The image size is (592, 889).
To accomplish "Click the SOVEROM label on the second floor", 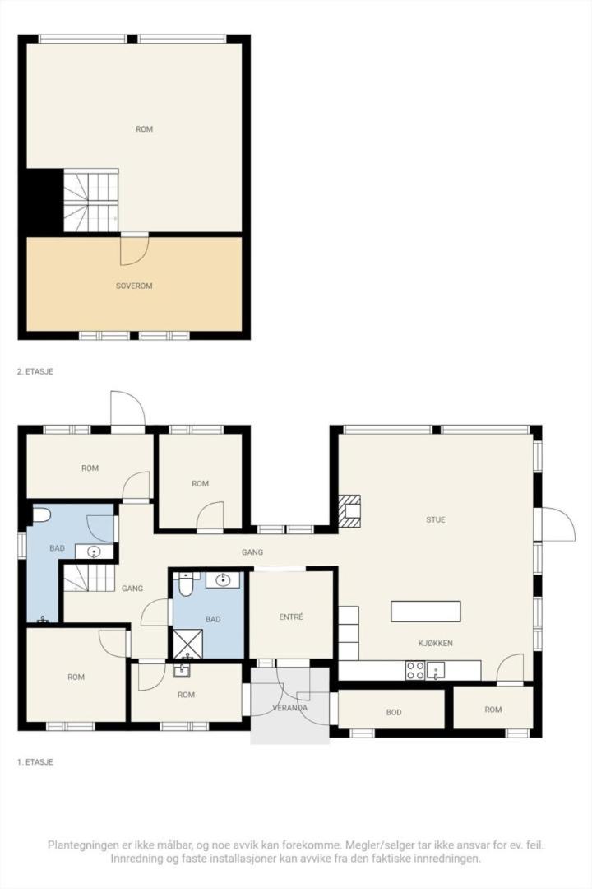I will [x=134, y=286].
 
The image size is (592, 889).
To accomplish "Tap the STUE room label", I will [x=436, y=519].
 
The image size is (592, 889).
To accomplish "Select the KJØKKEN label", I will [x=436, y=643].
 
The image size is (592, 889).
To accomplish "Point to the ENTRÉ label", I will [x=292, y=617].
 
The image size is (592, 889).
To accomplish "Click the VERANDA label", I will [x=290, y=707].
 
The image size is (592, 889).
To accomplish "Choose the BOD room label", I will [x=394, y=712].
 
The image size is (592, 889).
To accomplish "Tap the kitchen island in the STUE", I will [x=426, y=612].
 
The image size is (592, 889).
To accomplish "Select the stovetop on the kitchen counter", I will [x=415, y=671].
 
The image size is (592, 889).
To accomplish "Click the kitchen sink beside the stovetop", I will [x=436, y=670].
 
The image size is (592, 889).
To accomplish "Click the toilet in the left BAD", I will [x=40, y=515].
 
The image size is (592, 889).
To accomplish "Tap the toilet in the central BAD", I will [x=187, y=584].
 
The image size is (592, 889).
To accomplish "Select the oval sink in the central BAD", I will [x=223, y=579].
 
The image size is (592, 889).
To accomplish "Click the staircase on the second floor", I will [x=91, y=201].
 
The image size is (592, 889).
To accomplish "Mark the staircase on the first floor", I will [x=89, y=578].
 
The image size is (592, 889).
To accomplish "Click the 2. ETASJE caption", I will [x=35, y=372].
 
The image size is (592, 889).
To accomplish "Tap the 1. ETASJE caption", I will [x=35, y=762].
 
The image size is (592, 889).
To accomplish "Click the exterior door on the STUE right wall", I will [x=557, y=524].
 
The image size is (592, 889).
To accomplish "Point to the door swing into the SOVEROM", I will [x=133, y=251].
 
